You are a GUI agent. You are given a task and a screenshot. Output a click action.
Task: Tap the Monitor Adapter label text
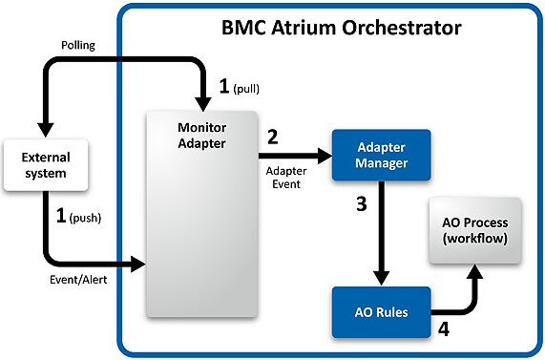(200, 135)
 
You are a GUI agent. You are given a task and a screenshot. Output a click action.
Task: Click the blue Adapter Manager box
(382, 155)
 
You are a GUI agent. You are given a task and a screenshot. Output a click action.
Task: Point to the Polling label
(79, 44)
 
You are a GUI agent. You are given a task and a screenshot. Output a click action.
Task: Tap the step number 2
(273, 137)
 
